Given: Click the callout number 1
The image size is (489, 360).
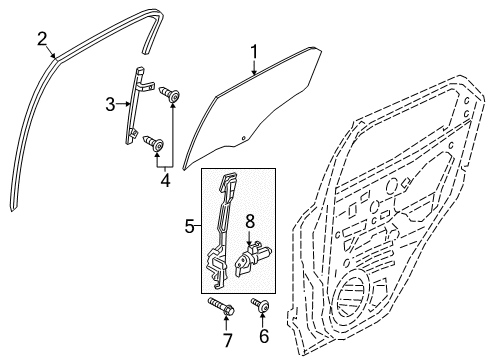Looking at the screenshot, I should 254,52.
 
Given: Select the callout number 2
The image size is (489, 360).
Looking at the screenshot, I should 42,39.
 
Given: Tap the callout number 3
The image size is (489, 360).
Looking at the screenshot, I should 113,102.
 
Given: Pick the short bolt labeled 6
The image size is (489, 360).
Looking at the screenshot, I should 263,303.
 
